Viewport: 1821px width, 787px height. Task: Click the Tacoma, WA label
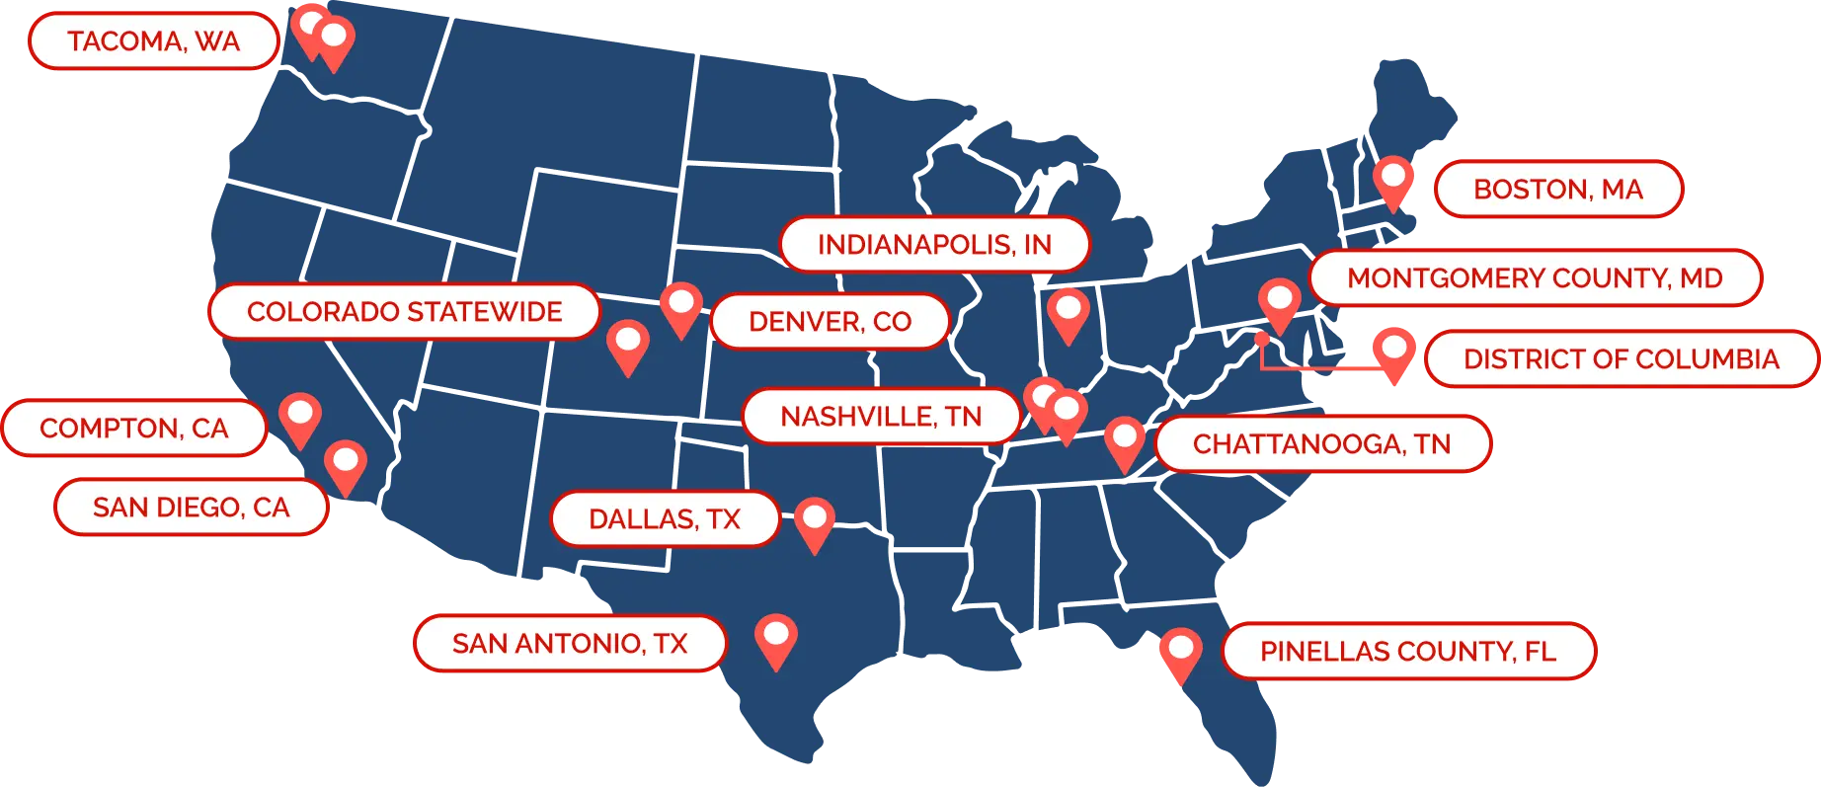coord(153,41)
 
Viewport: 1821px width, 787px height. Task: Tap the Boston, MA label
coord(1557,189)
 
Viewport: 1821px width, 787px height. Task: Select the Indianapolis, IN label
coord(934,244)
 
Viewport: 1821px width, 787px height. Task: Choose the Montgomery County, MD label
coord(1535,277)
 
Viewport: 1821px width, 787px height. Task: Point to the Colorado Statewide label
coord(404,311)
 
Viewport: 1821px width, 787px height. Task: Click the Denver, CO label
coord(830,321)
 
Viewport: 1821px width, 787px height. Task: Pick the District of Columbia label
coord(1621,358)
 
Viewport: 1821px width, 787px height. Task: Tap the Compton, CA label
coord(134,428)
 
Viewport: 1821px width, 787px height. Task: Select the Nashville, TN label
coord(881,416)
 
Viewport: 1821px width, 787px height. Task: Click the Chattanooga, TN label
coord(1321,443)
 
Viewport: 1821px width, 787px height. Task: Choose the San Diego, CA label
coord(191,507)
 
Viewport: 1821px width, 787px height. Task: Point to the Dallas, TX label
coord(665,518)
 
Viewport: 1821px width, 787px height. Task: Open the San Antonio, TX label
coord(570,643)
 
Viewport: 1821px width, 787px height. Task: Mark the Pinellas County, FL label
coord(1407,651)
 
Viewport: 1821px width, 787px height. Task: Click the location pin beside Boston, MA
coord(1393,180)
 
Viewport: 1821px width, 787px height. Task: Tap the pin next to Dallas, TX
coord(815,520)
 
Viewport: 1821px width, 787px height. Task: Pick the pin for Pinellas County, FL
coord(1180,652)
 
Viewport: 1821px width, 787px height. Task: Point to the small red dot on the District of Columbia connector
coord(1261,339)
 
